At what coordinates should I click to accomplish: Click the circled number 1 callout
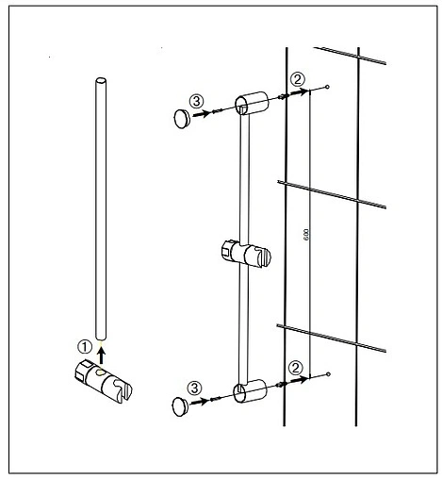tap(85, 347)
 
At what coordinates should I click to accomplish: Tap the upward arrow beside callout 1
tap(101, 356)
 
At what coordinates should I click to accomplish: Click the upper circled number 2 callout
tap(297, 79)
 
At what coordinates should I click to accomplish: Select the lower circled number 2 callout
tap(296, 368)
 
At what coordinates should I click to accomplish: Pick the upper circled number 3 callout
tap(197, 101)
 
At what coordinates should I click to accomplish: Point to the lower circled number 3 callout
tap(195, 388)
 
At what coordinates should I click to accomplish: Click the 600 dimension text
tap(306, 235)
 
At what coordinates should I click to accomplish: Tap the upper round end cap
tap(182, 119)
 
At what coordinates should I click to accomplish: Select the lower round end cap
tap(181, 406)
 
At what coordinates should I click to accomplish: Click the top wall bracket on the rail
tap(252, 103)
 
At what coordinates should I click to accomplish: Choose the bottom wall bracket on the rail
tap(250, 390)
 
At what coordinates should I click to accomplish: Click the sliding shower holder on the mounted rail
tap(246, 254)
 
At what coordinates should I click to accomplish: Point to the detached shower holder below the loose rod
tap(104, 381)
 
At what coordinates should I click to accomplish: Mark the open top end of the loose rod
tap(101, 81)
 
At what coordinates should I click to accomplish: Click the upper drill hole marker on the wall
tap(328, 87)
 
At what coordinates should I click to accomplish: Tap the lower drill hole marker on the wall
tap(328, 374)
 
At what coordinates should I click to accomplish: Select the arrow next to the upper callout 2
tap(298, 92)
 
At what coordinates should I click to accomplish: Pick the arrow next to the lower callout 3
tap(200, 402)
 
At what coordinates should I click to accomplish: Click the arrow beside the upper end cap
tap(201, 114)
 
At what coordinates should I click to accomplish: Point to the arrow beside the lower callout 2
tap(299, 380)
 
